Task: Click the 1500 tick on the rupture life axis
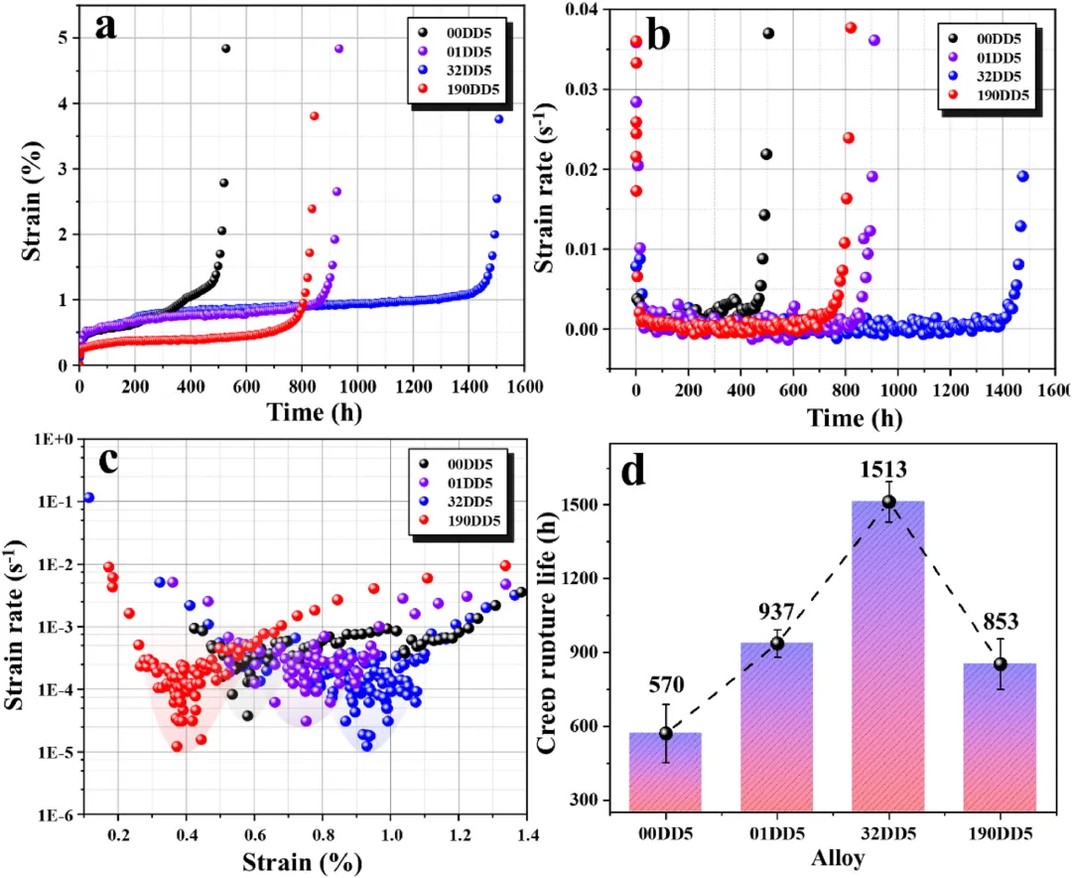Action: click(x=585, y=505)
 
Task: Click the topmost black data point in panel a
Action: click(x=225, y=49)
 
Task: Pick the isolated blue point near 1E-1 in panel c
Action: click(x=88, y=498)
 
